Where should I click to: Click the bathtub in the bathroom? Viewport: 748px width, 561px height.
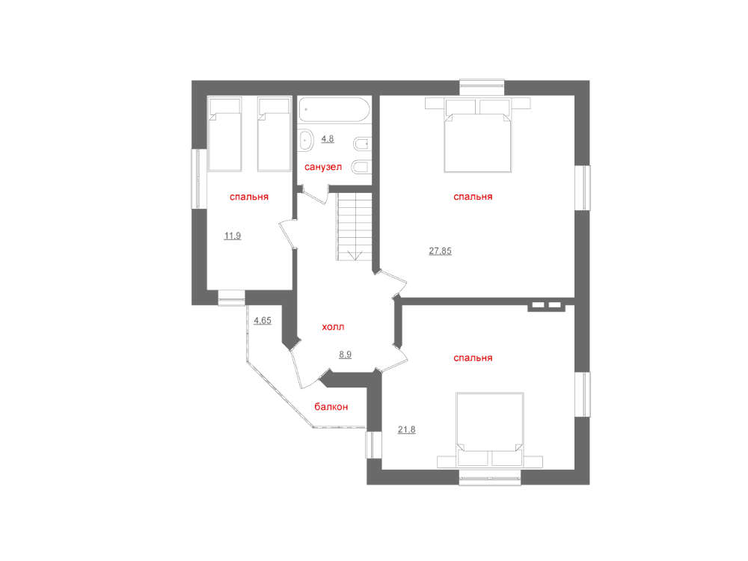pos(334,110)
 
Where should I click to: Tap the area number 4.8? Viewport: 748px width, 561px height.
pos(328,139)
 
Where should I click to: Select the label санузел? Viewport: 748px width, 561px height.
pos(323,167)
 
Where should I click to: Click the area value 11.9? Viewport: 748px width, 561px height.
pos(233,236)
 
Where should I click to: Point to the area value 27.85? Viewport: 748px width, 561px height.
pos(440,251)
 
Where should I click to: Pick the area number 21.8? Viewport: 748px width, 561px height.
pos(406,429)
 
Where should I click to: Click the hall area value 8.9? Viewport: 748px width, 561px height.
pos(345,355)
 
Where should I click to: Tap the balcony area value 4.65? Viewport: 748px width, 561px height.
pos(263,321)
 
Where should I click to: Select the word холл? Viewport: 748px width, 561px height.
pos(333,327)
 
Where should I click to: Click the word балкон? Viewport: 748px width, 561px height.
pos(331,407)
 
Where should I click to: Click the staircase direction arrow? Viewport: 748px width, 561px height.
pos(355,255)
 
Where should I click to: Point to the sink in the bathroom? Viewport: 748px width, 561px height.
pos(305,141)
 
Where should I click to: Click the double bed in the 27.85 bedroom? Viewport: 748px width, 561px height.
pos(477,135)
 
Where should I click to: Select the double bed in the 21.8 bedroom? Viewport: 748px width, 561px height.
pos(490,430)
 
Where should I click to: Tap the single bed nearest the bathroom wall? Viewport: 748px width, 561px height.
pos(274,134)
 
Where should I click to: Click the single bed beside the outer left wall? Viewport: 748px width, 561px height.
pos(224,134)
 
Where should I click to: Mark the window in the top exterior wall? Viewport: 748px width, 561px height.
pos(482,88)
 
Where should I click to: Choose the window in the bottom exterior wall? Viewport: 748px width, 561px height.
pos(490,477)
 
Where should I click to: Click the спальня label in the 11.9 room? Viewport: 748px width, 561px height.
pos(249,197)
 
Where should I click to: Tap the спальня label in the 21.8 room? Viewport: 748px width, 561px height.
pos(473,358)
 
